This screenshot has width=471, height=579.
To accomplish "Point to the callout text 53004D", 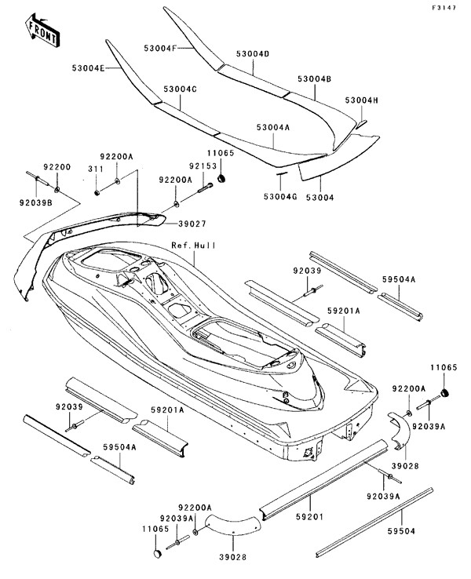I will click(253, 54).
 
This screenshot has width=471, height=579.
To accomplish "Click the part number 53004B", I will click(314, 79).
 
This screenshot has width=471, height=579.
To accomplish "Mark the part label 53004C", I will click(180, 89).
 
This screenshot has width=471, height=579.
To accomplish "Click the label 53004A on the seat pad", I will click(272, 126).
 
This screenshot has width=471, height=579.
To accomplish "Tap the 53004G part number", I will click(278, 197).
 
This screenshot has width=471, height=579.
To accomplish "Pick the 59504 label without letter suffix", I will click(402, 531).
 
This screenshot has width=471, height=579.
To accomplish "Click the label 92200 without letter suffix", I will click(57, 167).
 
